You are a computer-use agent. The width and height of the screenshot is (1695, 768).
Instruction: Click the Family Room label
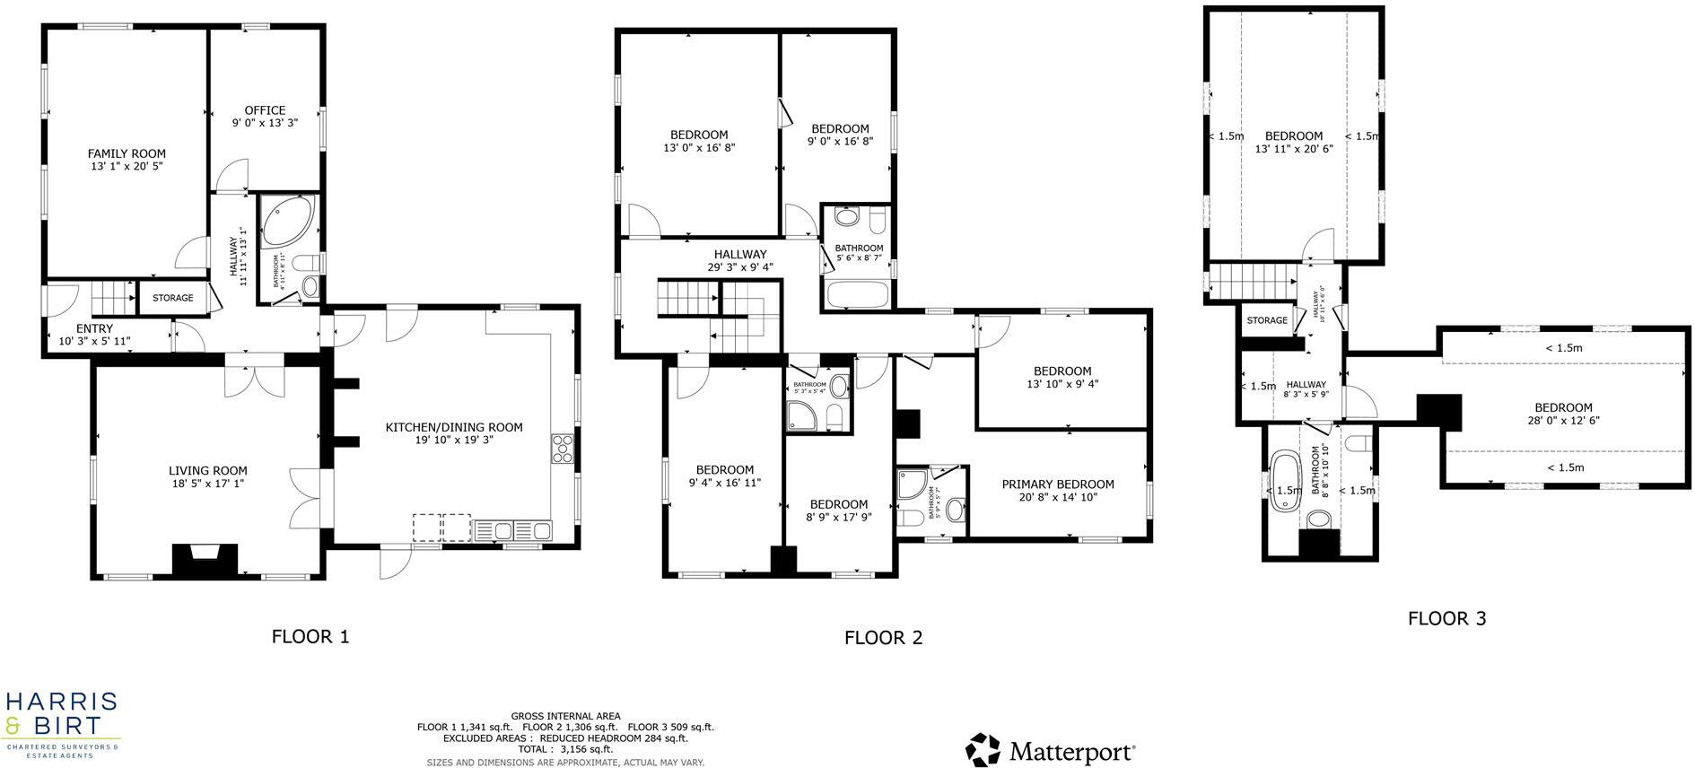pyautogui.click(x=127, y=153)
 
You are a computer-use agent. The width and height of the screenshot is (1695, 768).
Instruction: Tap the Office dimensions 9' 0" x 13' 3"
pyautogui.click(x=265, y=123)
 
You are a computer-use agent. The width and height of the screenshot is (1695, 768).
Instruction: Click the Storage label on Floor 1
pyautogui.click(x=172, y=298)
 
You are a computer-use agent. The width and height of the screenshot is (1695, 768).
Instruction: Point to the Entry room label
pyautogui.click(x=94, y=329)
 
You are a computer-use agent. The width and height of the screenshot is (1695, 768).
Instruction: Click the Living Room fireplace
pyautogui.click(x=205, y=560)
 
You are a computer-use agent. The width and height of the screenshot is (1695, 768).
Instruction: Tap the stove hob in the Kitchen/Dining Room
pyautogui.click(x=563, y=449)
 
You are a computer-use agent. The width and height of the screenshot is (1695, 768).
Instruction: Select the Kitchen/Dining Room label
pyautogui.click(x=454, y=427)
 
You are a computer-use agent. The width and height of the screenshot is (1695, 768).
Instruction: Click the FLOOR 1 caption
pyautogui.click(x=310, y=637)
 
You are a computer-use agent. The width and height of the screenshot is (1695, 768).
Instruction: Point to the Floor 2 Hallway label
pyautogui.click(x=740, y=255)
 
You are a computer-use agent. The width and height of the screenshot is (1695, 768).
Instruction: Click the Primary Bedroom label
pyautogui.click(x=1058, y=484)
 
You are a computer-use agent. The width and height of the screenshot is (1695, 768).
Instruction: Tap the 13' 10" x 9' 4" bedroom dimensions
pyautogui.click(x=1062, y=384)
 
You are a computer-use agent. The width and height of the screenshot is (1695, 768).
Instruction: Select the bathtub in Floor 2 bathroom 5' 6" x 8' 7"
pyautogui.click(x=858, y=294)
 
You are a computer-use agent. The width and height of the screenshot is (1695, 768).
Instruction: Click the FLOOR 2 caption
pyautogui.click(x=883, y=638)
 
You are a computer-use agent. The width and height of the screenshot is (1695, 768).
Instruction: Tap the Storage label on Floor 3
pyautogui.click(x=1267, y=320)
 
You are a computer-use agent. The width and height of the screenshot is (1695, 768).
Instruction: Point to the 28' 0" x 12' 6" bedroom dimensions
pyautogui.click(x=1563, y=420)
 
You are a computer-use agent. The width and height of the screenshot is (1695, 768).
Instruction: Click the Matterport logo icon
pyautogui.click(x=983, y=750)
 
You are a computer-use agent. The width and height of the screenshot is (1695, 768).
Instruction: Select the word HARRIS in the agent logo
pyautogui.click(x=62, y=702)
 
